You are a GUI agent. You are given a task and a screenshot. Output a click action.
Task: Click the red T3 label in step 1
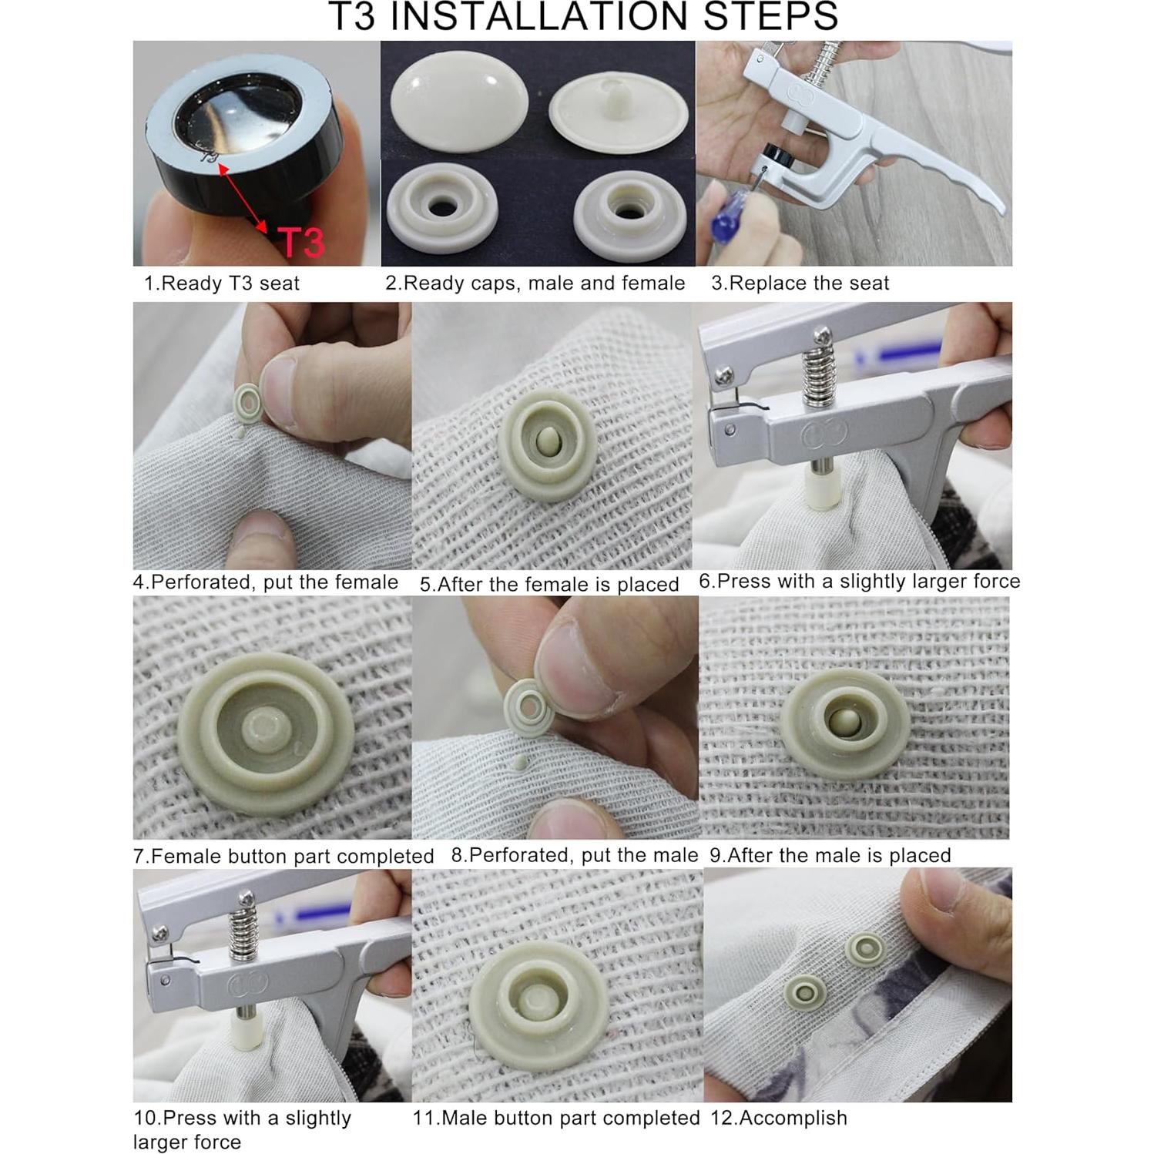[x=301, y=242]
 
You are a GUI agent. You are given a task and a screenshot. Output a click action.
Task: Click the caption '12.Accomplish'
[x=778, y=1118]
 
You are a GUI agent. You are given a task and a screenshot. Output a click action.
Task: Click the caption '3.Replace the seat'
[x=800, y=283]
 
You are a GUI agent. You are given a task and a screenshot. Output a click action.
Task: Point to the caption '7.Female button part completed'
[x=283, y=856]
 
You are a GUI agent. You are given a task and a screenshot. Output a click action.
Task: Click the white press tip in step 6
[x=823, y=487]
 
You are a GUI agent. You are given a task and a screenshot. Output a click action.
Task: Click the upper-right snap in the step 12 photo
[x=864, y=950]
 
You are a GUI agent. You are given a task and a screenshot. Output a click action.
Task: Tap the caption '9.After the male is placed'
[x=830, y=855]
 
